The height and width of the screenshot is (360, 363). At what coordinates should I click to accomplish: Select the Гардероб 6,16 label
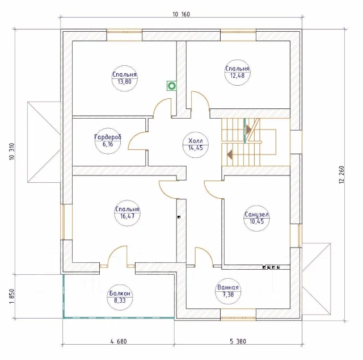[108, 141]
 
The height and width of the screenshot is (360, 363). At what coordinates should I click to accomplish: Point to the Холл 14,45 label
[196, 144]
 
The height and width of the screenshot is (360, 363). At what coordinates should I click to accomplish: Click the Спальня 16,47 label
[127, 213]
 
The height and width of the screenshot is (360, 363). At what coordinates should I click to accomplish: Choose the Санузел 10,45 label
[257, 218]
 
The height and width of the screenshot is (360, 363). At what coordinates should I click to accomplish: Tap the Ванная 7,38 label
[228, 291]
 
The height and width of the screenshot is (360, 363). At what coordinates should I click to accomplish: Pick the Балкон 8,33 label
[120, 297]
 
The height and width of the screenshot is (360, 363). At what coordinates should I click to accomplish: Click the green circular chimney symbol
[171, 86]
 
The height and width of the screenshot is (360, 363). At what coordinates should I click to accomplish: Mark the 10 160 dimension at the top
[181, 14]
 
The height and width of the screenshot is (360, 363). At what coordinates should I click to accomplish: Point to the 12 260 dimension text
[342, 175]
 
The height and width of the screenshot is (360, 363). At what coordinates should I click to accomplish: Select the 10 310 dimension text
[12, 152]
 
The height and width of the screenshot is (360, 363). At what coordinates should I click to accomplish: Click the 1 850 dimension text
[12, 296]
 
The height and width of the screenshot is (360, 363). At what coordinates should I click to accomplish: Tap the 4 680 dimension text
[119, 341]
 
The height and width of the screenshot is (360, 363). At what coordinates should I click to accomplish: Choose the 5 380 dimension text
[238, 341]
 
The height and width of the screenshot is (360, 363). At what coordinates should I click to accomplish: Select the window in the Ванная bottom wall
[238, 315]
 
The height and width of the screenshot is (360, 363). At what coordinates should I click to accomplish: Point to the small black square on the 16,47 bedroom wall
[179, 217]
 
